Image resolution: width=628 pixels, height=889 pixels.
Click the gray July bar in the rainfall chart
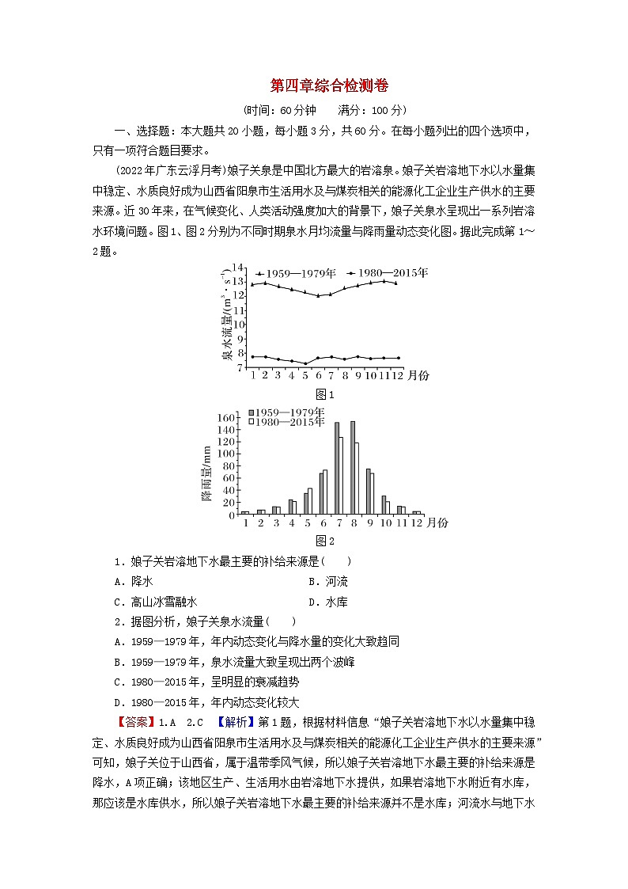coord(337,468)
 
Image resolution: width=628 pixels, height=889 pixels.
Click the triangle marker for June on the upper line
coord(318,295)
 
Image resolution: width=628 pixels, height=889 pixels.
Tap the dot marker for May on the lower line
coord(305,363)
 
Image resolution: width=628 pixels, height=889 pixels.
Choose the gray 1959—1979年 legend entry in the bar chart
coord(286,412)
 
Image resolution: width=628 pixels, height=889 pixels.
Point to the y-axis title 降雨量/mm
coord(206,473)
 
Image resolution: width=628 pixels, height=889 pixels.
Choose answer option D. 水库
coord(327,602)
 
